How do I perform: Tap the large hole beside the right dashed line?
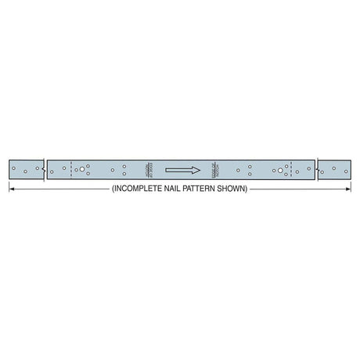278,169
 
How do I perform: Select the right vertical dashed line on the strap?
290,169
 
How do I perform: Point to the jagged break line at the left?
45,169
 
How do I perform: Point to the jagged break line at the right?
316,169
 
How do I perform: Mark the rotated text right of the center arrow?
212,169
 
